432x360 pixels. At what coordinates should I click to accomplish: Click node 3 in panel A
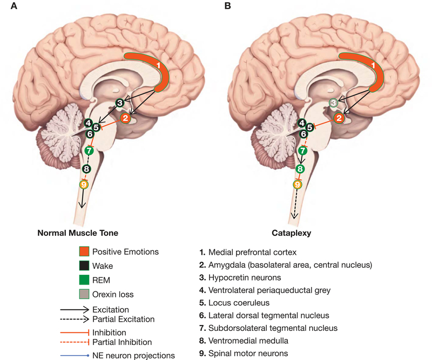(120, 103)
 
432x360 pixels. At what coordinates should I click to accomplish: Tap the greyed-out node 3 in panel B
(334, 103)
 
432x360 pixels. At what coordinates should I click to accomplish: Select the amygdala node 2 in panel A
(125, 118)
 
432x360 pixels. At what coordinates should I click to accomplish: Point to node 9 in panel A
(83, 185)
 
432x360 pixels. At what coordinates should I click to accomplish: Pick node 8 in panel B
(300, 169)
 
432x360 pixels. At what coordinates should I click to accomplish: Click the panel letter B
(227, 6)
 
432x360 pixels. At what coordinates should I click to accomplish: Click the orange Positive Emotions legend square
(83, 252)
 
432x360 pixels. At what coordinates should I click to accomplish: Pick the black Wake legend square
(83, 266)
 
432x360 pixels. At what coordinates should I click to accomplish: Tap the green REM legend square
(83, 280)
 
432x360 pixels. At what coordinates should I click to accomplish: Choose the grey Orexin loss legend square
(83, 294)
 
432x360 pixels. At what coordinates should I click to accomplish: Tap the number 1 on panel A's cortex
(159, 65)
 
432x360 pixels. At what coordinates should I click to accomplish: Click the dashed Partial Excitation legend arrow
(79, 320)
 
